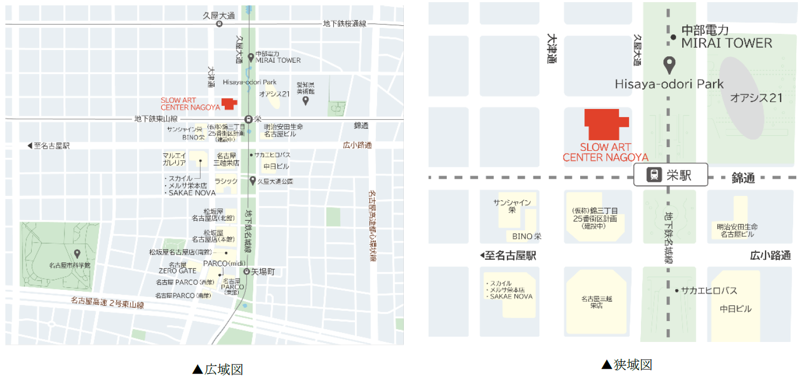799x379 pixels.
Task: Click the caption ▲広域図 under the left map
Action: point(217,369)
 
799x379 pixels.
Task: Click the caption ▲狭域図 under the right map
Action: point(626,365)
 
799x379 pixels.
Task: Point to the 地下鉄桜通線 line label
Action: point(345,24)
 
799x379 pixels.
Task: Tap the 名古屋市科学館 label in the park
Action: point(70,265)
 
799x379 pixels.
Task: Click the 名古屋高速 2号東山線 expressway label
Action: point(107,303)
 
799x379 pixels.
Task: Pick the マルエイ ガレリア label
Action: point(174,159)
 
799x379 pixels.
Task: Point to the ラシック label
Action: point(226,181)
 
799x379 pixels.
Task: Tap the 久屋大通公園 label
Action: point(275,181)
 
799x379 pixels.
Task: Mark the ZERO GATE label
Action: point(177,271)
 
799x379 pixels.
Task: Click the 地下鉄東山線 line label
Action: point(156,119)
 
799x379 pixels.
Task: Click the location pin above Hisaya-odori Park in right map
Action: point(669,65)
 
